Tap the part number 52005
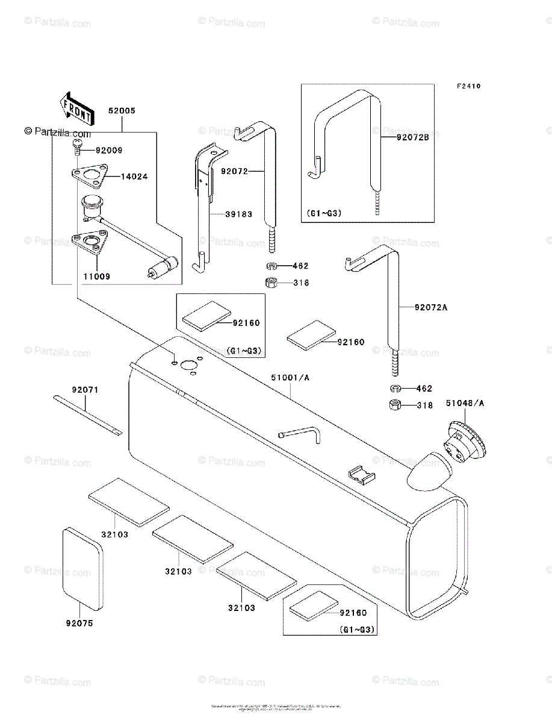click(122, 111)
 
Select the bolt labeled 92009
click(76, 145)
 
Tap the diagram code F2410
click(468, 87)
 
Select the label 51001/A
click(290, 378)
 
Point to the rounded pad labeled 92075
click(82, 568)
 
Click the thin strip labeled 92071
click(87, 415)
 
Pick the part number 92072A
click(431, 307)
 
